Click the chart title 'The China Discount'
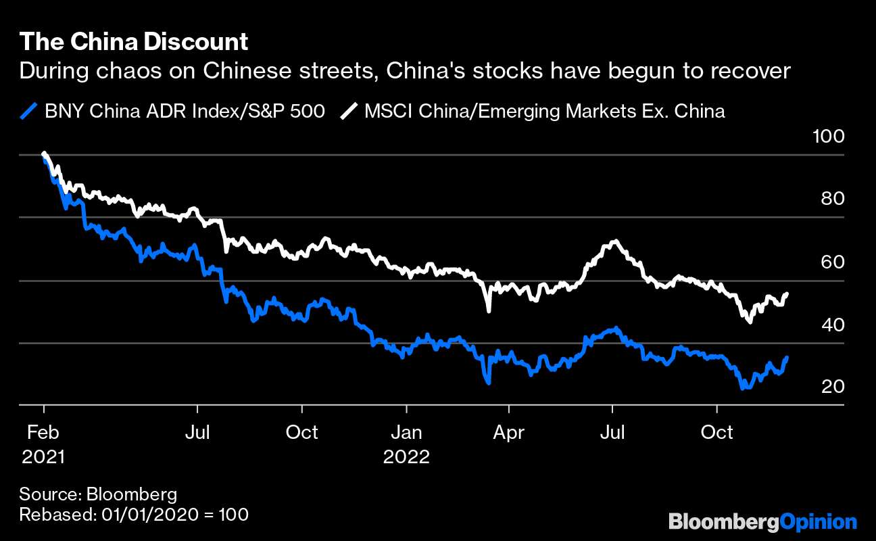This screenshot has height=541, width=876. (x=134, y=43)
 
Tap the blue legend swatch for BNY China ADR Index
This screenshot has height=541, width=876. (x=29, y=111)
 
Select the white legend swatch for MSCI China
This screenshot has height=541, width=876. (x=349, y=111)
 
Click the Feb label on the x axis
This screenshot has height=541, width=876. (x=43, y=432)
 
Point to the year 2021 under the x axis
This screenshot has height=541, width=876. (x=43, y=457)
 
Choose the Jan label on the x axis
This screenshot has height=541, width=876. (x=407, y=432)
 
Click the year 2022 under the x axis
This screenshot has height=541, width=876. (x=407, y=457)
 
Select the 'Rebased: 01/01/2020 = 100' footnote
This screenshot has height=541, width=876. (x=134, y=514)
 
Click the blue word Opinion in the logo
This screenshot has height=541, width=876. (x=819, y=522)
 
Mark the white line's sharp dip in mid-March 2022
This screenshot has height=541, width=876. (x=488, y=310)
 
